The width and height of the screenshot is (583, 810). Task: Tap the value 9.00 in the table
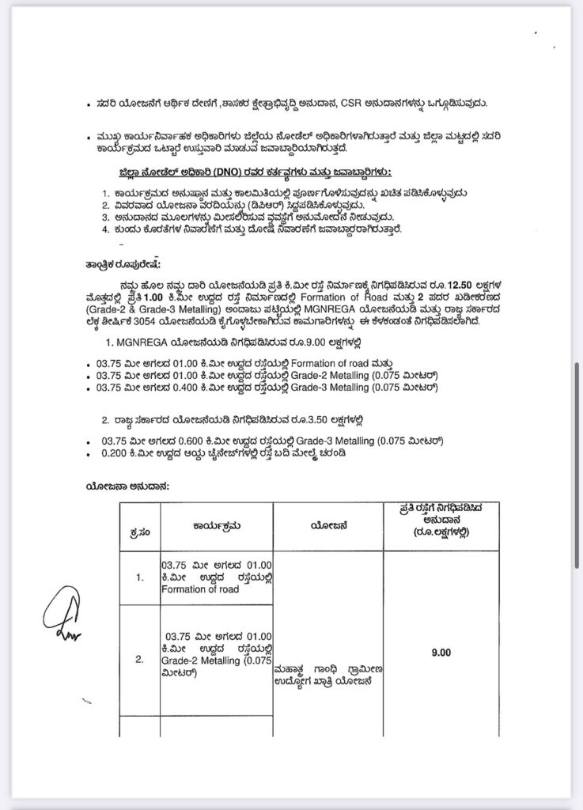tap(440, 653)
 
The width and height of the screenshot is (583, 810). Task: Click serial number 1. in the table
tap(139, 577)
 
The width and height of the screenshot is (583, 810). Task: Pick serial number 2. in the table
tap(139, 658)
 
